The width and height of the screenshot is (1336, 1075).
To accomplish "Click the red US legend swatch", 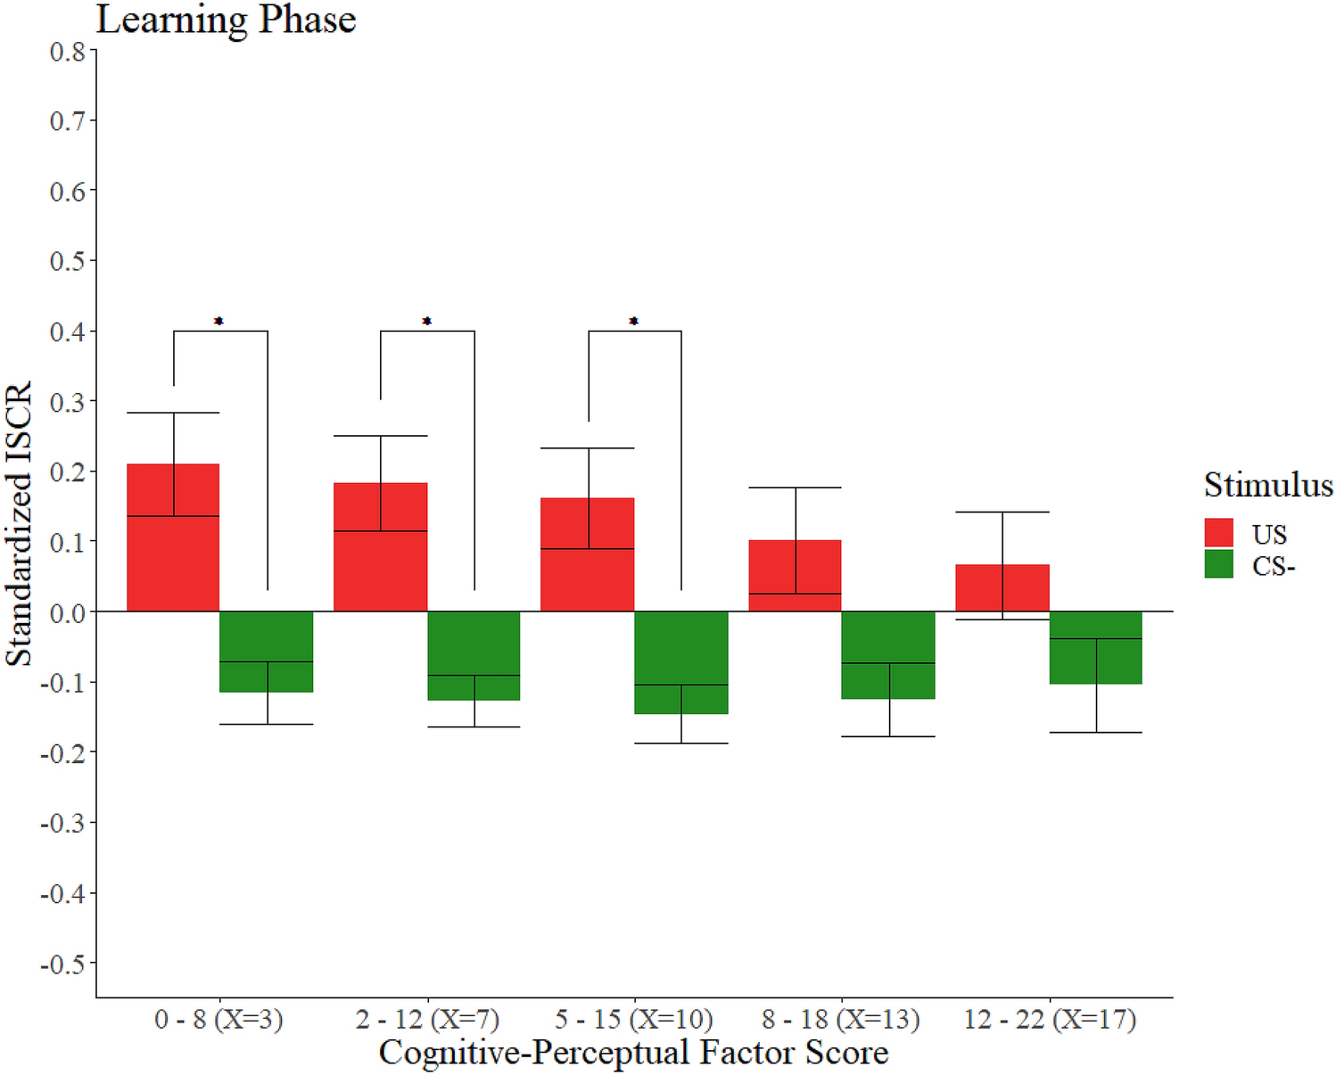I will [x=1218, y=533].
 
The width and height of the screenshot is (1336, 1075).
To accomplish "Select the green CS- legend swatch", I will [x=1218, y=564].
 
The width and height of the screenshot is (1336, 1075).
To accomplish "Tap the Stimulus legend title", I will [x=1268, y=485].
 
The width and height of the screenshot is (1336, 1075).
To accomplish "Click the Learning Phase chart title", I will [x=227, y=20].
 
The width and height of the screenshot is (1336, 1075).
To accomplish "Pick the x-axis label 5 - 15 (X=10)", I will [x=634, y=1019].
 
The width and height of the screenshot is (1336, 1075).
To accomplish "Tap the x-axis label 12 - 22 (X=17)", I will [x=1050, y=1019].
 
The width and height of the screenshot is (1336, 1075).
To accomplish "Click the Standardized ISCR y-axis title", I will [x=20, y=524].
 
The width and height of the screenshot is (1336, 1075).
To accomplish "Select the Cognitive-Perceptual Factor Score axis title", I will [x=634, y=1053].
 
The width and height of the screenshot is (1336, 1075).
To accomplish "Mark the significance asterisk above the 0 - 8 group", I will [x=219, y=321].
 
